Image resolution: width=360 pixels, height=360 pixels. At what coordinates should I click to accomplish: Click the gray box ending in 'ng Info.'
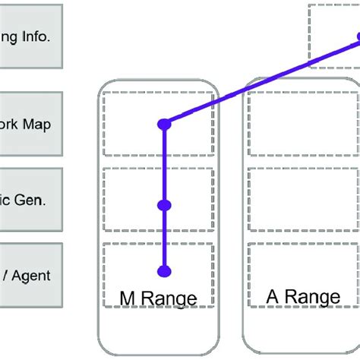pos(30,36)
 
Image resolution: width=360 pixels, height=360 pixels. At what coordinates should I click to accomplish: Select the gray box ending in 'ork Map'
pos(30,124)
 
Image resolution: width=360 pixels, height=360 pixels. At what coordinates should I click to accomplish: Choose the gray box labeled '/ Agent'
pos(30,275)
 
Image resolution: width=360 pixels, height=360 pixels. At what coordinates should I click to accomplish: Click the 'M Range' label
pos(159,298)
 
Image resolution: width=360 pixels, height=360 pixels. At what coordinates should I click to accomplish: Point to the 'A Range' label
pos(303,295)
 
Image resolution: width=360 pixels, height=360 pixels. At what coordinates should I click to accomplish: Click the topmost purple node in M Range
pos(163,124)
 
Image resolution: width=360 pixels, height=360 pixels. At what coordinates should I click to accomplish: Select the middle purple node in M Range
pos(163,205)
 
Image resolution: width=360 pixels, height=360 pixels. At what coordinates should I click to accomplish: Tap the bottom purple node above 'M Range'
pos(163,270)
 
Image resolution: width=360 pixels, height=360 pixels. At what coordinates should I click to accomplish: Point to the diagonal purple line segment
pos(258,84)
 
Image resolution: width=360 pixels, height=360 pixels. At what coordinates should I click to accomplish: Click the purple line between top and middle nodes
pos(163,163)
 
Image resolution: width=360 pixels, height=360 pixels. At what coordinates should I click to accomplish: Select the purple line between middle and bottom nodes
pos(163,238)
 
